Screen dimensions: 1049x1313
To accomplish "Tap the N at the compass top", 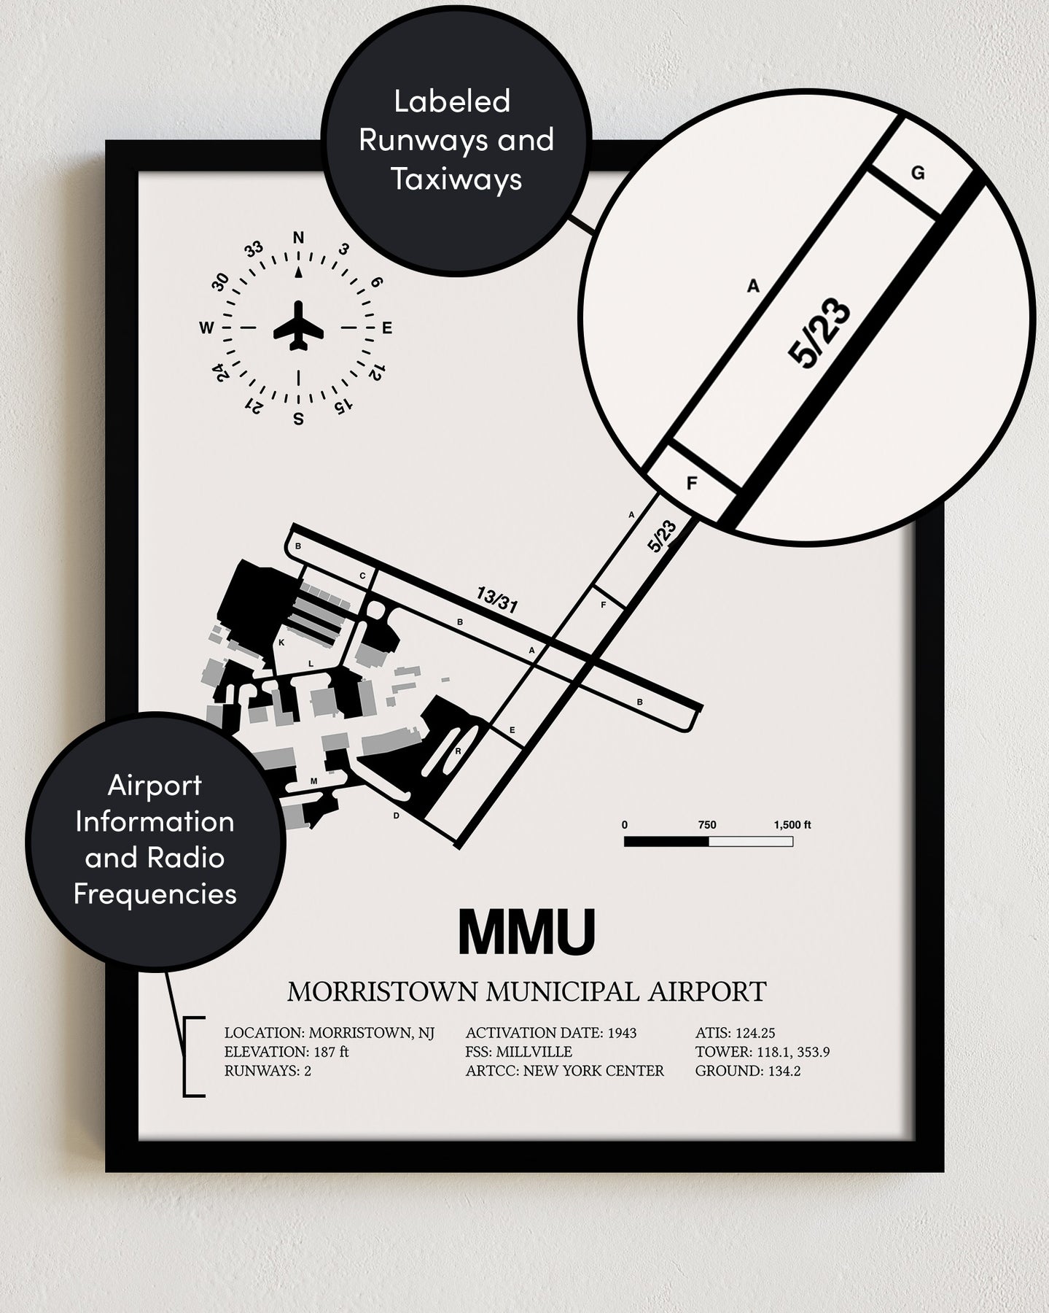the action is click(x=298, y=237).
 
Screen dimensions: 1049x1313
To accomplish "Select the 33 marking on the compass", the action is click(x=254, y=249).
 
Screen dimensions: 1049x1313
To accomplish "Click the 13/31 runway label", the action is click(x=496, y=600).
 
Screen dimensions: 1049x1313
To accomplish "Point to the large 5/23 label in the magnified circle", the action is click(x=819, y=334).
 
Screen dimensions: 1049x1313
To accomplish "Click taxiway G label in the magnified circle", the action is click(x=918, y=174).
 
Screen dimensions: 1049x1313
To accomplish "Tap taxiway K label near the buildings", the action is click(x=281, y=643).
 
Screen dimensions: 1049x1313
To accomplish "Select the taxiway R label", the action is click(x=458, y=751).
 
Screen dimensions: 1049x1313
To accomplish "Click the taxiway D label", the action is click(x=397, y=816).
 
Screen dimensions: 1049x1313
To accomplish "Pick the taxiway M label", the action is click(x=314, y=781).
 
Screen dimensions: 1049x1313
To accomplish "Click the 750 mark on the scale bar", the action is click(x=707, y=825).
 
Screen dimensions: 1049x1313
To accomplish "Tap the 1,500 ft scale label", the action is click(x=792, y=825).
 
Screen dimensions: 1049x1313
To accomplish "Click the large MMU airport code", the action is click(x=526, y=932).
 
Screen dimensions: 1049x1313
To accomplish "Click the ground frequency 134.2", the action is click(x=782, y=1072).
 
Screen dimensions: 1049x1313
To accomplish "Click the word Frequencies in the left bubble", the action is click(x=155, y=894).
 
